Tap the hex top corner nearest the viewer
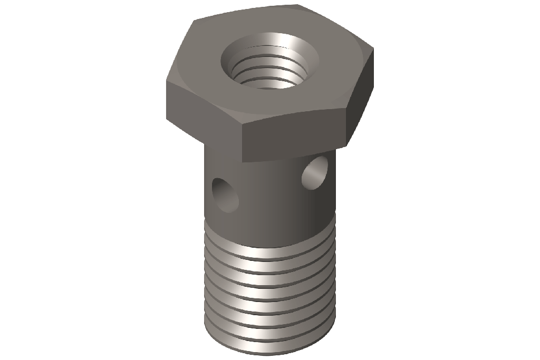click(x=241, y=125)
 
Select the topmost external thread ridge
click(x=269, y=248)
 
